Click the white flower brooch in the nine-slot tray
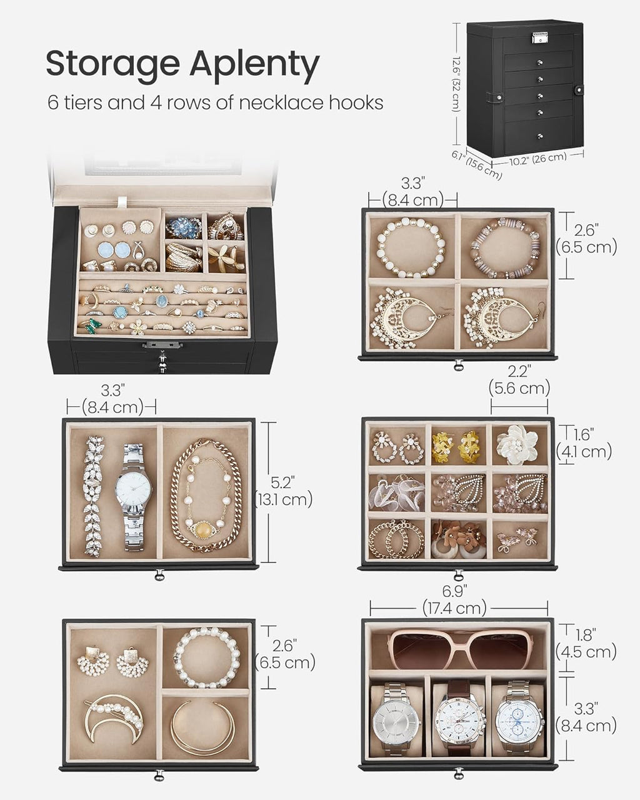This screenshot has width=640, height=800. coord(517,444)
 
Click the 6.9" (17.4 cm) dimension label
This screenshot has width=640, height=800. coord(454,598)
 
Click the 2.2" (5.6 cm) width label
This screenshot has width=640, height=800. coord(519,380)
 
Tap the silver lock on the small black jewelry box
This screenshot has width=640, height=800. coord(539,37)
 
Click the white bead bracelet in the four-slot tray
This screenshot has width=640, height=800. coord(408,247)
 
